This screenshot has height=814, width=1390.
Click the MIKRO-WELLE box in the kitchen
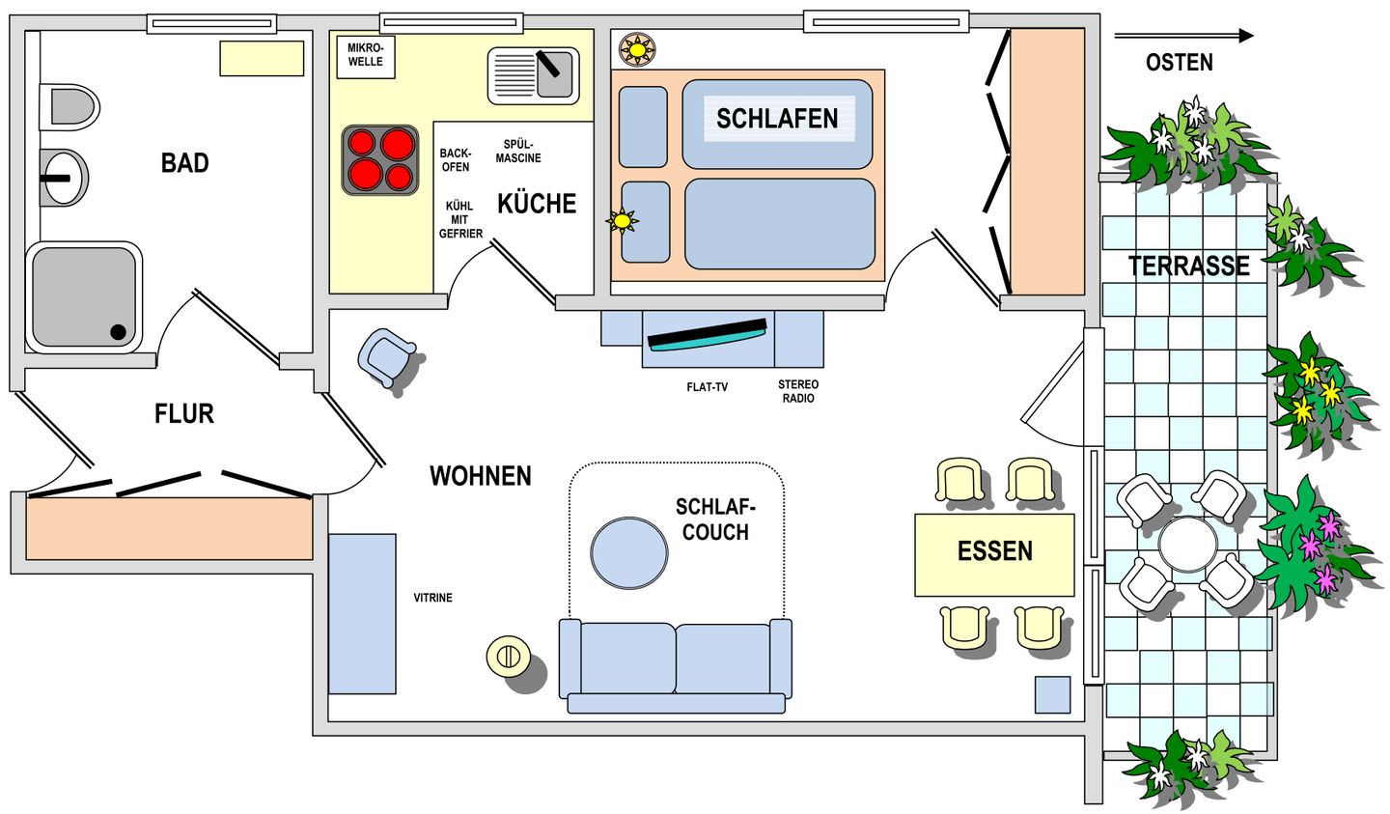[366, 57]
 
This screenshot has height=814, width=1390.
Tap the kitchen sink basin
[533, 75]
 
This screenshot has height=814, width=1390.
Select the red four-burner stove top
[379, 160]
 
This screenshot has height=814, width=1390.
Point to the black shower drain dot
[118, 332]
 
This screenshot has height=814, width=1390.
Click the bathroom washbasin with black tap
[64, 178]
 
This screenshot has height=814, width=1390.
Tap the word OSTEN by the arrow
[1179, 63]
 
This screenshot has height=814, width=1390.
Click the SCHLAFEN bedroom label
[777, 119]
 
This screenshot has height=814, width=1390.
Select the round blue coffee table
[629, 552]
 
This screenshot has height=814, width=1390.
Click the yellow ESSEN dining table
[994, 555]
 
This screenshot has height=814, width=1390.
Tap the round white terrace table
[1187, 544]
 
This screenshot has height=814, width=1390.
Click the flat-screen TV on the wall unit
[707, 335]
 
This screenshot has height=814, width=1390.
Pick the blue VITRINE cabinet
[362, 613]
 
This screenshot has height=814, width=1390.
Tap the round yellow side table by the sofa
[508, 656]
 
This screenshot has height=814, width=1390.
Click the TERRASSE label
[1189, 266]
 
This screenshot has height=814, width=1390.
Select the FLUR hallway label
[184, 413]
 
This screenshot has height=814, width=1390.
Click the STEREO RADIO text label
[798, 391]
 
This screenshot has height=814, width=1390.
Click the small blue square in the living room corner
[1052, 695]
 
